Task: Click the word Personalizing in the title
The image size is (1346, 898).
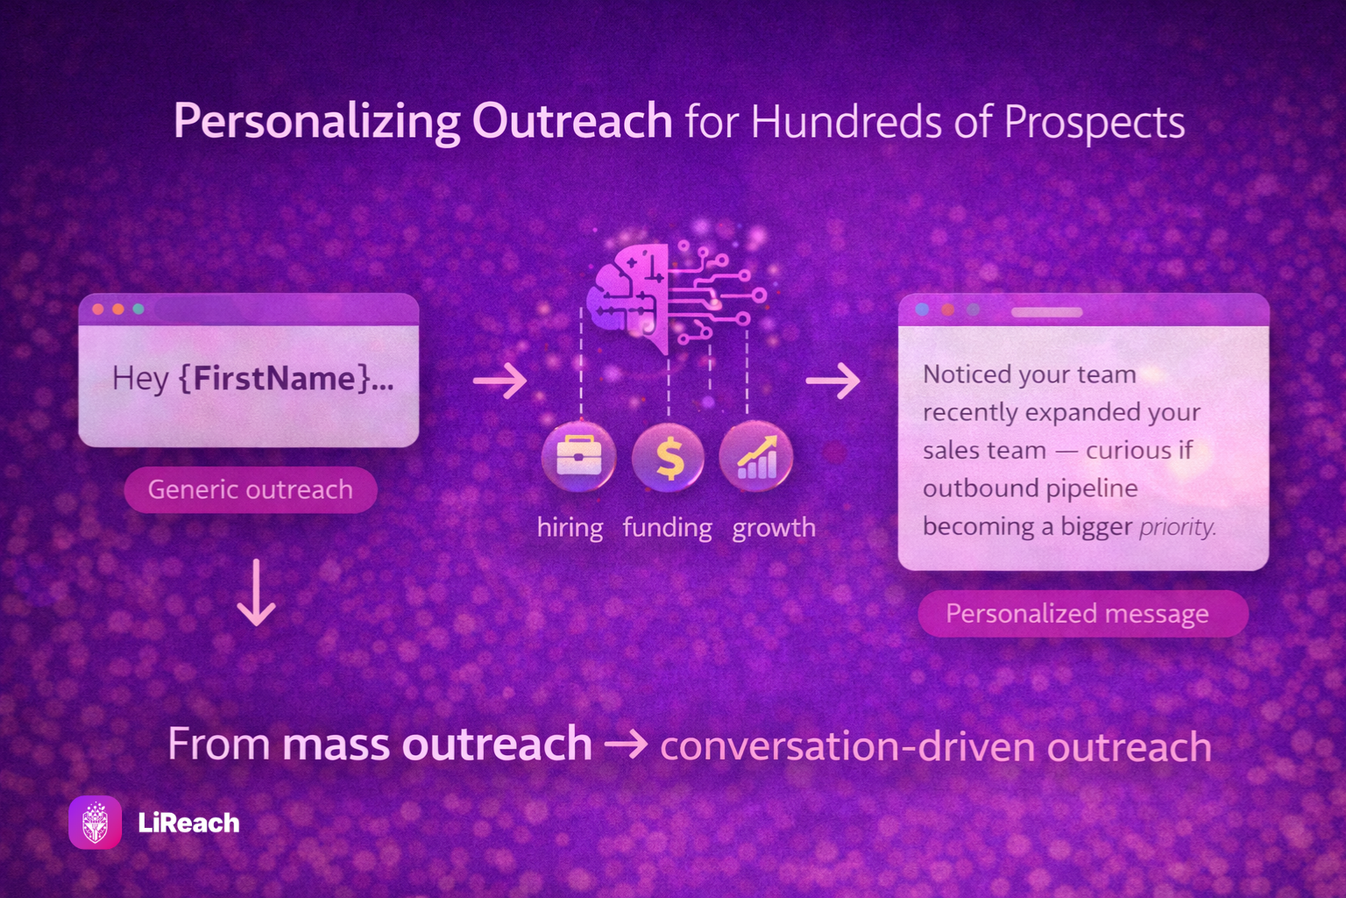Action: (x=316, y=123)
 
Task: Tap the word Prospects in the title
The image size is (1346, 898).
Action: (x=1095, y=123)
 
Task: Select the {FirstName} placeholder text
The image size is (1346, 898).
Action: (x=275, y=378)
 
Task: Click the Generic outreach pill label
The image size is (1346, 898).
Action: (x=251, y=489)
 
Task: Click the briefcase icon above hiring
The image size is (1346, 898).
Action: (x=578, y=457)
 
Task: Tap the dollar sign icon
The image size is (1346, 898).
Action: (x=669, y=458)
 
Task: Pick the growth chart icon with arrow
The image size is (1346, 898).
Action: (x=756, y=457)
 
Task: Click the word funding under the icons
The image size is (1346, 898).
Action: (x=667, y=528)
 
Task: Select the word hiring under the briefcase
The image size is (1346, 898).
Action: (x=570, y=528)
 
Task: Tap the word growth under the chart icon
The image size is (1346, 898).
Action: (x=774, y=528)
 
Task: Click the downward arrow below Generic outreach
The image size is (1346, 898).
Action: (x=257, y=593)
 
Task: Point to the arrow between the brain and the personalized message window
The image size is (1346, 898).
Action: (x=832, y=380)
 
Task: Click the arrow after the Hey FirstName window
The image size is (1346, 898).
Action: (x=500, y=380)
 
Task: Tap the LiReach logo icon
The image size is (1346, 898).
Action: (x=95, y=823)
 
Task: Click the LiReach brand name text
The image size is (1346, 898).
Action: (x=188, y=823)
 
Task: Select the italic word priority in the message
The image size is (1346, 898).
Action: (x=1177, y=528)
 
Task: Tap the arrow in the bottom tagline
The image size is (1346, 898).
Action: (x=627, y=745)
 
